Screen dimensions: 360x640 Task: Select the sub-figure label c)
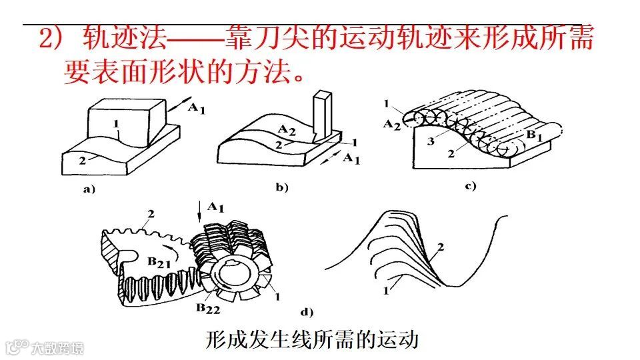point(471,186)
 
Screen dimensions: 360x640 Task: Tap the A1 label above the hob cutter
point(215,207)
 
